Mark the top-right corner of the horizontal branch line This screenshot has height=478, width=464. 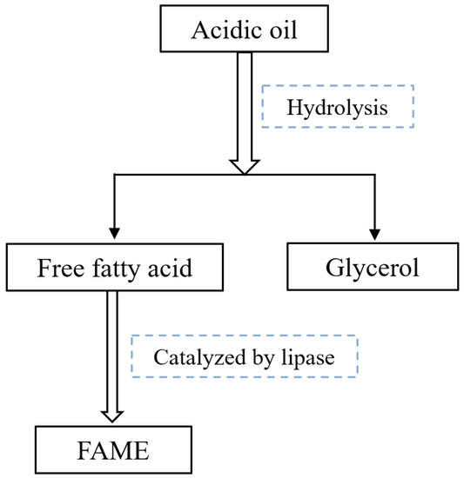coord(374,174)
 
